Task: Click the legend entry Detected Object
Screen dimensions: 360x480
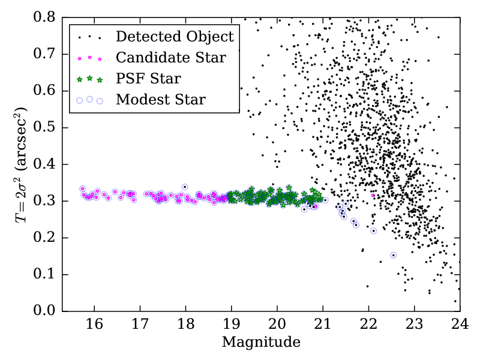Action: pos(175,37)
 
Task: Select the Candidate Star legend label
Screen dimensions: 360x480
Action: pos(171,58)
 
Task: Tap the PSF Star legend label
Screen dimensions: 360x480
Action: pos(148,79)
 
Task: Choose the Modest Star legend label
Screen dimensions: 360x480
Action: pos(161,100)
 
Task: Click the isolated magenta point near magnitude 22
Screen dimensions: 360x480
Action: pos(373,196)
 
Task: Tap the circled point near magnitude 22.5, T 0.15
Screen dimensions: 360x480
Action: pos(394,255)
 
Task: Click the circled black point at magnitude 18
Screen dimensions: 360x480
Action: pos(185,187)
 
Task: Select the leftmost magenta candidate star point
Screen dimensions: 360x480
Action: pos(82,188)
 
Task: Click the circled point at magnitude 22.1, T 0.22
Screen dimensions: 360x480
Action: pos(373,231)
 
